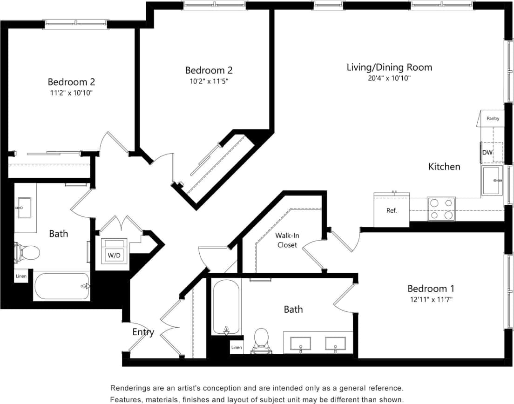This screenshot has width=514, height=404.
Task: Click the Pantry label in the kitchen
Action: (493, 119)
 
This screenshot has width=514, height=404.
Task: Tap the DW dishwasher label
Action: (487, 153)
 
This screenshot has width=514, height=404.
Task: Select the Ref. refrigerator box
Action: (392, 210)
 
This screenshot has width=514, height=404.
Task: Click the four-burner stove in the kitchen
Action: (441, 209)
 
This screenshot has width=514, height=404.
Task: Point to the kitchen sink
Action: (492, 180)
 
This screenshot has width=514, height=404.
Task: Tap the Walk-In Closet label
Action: (287, 240)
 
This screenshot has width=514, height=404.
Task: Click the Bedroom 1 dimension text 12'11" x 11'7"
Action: (430, 300)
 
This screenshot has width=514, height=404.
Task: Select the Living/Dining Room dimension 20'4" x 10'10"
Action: (389, 79)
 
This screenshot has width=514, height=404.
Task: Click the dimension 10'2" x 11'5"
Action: (209, 81)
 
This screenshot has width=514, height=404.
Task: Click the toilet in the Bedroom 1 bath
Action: (262, 340)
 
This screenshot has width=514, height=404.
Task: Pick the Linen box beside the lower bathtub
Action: (237, 347)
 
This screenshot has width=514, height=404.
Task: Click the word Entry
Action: (143, 332)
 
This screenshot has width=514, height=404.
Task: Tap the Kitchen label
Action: (444, 167)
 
